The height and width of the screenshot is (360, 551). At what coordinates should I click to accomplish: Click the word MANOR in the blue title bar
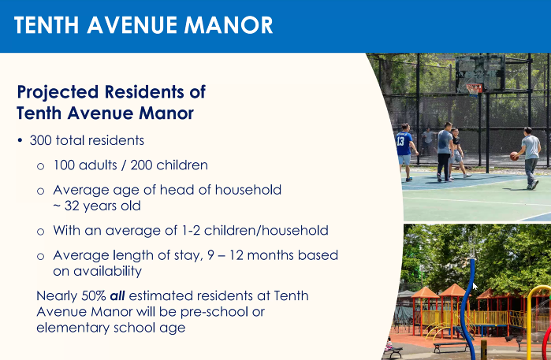pyautogui.click(x=229, y=25)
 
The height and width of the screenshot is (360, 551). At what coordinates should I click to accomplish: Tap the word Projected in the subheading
pyautogui.click(x=58, y=92)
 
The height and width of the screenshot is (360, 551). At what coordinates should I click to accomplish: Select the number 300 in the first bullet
pyautogui.click(x=41, y=140)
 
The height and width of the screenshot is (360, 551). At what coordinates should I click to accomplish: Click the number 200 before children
pyautogui.click(x=141, y=165)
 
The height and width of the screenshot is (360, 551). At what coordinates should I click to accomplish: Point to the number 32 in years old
pyautogui.click(x=72, y=206)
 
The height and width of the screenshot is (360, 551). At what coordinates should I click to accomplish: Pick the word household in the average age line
pyautogui.click(x=248, y=190)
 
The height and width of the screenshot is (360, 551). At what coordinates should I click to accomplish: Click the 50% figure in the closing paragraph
pyautogui.click(x=94, y=295)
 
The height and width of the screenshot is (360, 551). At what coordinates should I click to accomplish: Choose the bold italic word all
pyautogui.click(x=117, y=295)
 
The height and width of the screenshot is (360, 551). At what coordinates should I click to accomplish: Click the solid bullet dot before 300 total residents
pyautogui.click(x=20, y=140)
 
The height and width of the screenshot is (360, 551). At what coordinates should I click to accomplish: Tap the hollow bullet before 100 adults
pyautogui.click(x=41, y=165)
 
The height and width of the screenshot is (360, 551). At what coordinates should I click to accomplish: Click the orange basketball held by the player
pyautogui.click(x=514, y=156)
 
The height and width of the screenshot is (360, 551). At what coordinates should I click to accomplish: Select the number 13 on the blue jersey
pyautogui.click(x=400, y=141)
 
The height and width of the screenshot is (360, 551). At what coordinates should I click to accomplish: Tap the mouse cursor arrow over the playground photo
pyautogui.click(x=475, y=286)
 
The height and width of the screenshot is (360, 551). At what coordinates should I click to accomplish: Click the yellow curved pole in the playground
pyautogui.click(x=529, y=316)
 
